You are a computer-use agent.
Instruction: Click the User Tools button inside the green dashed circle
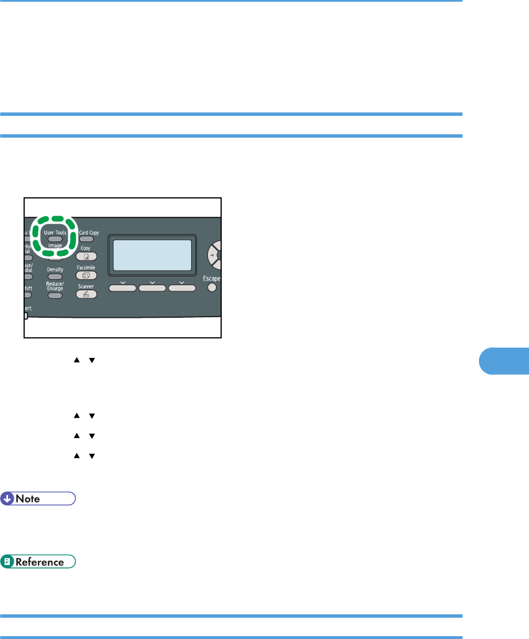click(55, 238)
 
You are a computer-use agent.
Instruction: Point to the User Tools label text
click(55, 232)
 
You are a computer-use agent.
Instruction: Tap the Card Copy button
click(86, 239)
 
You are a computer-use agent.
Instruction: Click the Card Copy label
click(88, 232)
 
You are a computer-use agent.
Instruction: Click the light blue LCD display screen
click(152, 255)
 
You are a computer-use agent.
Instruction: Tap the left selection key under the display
click(123, 287)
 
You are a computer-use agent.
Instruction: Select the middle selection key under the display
click(152, 287)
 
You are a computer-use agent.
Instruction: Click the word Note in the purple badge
click(28, 498)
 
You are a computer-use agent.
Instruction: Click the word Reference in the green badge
click(39, 562)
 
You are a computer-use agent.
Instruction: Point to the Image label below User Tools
click(55, 245)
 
